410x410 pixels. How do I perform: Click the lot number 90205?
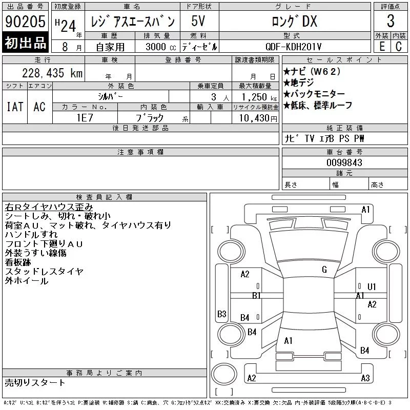[25, 22]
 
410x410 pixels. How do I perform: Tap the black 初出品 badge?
[25, 43]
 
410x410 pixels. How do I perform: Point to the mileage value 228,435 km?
[52, 73]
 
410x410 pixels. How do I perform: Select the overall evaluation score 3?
[391, 21]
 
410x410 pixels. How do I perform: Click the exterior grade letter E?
[382, 47]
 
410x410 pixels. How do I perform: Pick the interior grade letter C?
[399, 47]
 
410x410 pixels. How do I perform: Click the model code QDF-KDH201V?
[293, 47]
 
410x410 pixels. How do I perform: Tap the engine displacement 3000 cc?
[161, 47]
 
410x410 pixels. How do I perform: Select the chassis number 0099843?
[344, 162]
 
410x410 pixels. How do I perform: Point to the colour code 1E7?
[85, 118]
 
